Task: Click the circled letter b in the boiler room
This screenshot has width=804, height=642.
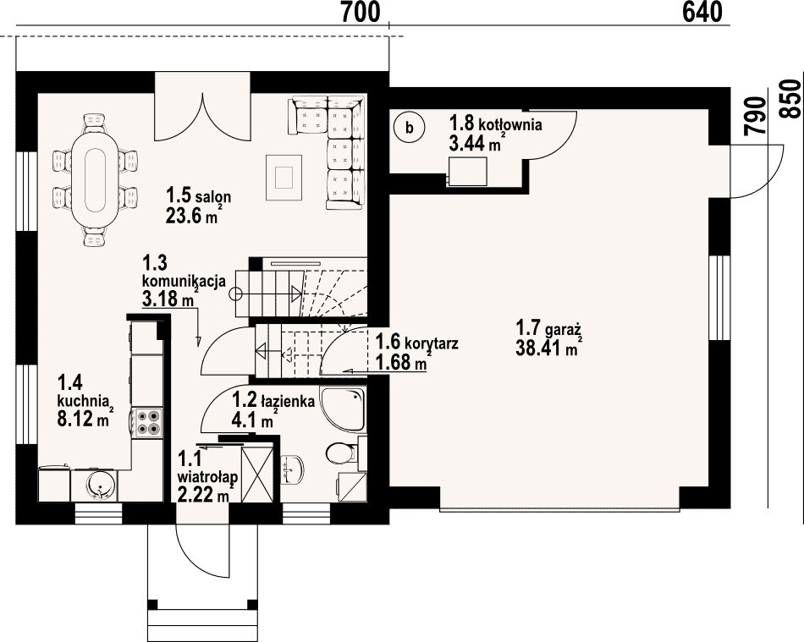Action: coord(409,128)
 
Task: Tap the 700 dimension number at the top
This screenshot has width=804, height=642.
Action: coord(361,13)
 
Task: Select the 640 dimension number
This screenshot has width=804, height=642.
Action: coord(702,13)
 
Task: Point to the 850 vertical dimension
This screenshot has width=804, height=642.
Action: coord(791,100)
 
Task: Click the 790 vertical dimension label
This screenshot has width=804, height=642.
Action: coord(756,117)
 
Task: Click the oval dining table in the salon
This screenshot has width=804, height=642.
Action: coord(96,180)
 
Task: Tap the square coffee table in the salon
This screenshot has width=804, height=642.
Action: coord(282,178)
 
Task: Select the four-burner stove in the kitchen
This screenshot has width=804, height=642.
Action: coord(147,422)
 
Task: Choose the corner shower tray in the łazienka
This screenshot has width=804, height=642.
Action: coord(344,409)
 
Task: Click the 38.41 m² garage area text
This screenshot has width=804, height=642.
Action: coord(548,349)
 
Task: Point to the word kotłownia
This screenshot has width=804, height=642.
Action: coord(510,124)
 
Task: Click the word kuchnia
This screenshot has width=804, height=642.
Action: coord(83,399)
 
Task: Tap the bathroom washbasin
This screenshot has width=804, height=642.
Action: coord(293,468)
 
